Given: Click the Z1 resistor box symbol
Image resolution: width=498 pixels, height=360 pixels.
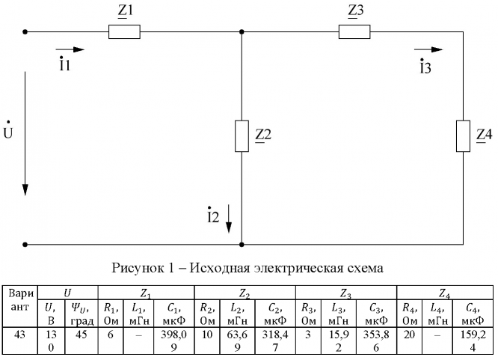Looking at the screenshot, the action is (x=125, y=32).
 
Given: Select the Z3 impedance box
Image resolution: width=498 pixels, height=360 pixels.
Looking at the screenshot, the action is (x=354, y=32).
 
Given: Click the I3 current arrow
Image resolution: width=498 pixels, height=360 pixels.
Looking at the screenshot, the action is (x=428, y=50).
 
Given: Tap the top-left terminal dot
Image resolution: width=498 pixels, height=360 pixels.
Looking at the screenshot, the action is (x=25, y=32).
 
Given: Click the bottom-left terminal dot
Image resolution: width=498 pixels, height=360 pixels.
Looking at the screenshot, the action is (x=25, y=244).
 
